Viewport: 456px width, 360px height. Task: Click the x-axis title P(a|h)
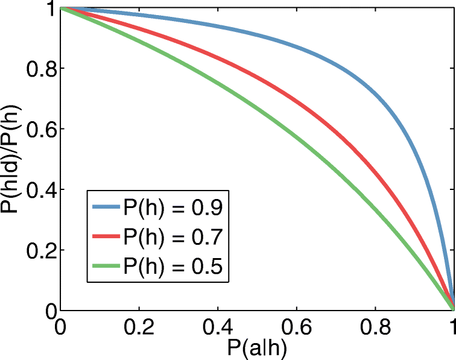(x=256, y=348)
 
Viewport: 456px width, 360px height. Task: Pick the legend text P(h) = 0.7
(x=174, y=237)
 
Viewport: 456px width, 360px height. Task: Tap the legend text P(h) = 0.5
(x=174, y=266)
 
